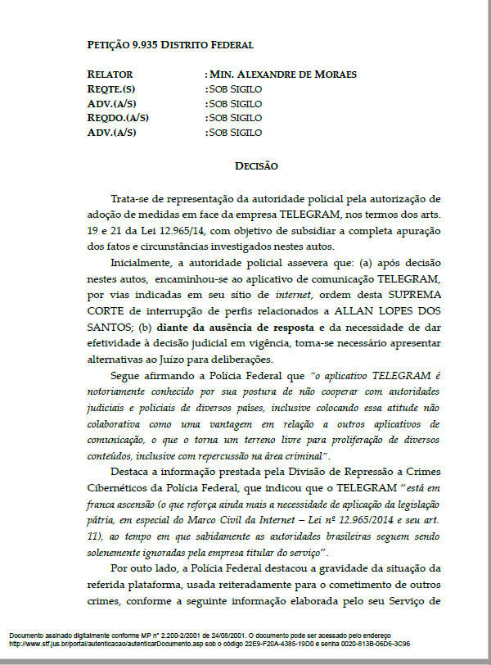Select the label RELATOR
[x=110, y=75]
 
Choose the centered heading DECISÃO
[x=256, y=166]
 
